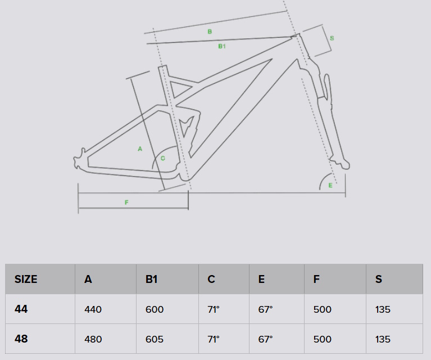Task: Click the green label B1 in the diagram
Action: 221,46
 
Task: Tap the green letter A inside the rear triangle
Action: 140,148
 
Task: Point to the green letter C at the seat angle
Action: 162,158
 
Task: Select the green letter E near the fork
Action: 330,185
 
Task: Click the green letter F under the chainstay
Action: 126,202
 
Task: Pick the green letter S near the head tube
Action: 332,38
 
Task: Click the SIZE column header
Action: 26,279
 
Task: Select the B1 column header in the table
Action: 151,279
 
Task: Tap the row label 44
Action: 21,309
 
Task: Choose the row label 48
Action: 21,339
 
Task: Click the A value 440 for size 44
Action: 93,309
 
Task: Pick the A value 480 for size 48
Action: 93,339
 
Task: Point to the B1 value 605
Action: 154,339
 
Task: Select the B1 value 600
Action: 154,309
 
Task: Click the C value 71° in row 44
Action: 214,309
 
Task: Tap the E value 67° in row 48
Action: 266,339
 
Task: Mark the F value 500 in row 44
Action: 322,309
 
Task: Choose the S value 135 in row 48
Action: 383,339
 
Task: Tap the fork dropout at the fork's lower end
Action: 346,165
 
